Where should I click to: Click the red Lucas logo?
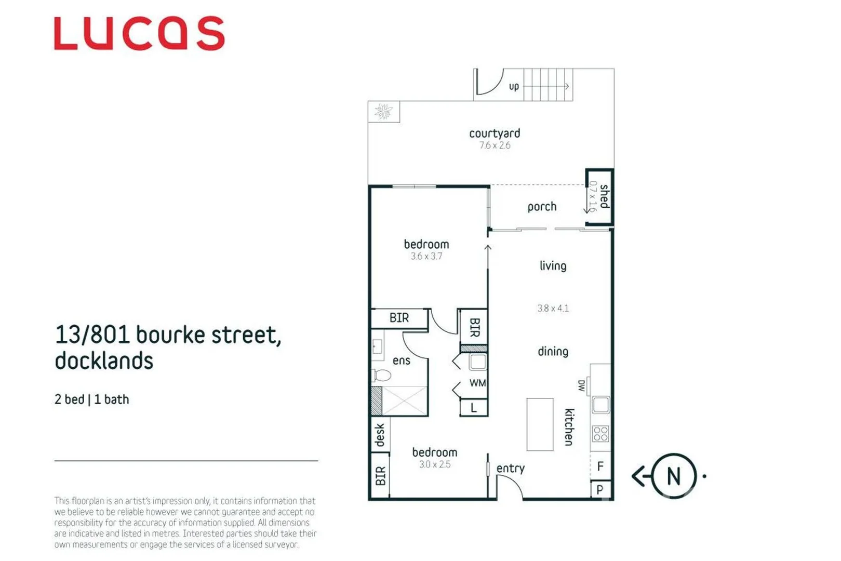tap(139, 33)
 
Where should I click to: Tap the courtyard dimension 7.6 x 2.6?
tap(495, 145)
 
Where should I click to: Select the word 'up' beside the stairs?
tap(514, 86)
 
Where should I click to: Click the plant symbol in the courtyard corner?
tap(384, 111)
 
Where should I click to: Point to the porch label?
tap(542, 207)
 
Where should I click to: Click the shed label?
tap(604, 196)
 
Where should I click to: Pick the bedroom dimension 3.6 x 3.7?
tap(426, 256)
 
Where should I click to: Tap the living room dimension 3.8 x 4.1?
tap(553, 308)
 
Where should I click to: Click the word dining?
tap(553, 352)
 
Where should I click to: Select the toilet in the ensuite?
tap(382, 375)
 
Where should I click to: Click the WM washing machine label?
tap(477, 383)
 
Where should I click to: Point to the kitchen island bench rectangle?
tap(540, 424)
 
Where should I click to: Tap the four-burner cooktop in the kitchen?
tap(600, 434)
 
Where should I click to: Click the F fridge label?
tap(600, 466)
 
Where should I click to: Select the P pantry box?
tap(600, 489)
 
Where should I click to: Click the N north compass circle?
tap(673, 476)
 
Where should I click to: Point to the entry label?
tap(510, 469)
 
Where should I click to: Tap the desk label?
tap(380, 435)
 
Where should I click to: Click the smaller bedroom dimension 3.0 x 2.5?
tap(435, 464)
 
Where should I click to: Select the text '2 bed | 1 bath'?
tap(92, 399)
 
